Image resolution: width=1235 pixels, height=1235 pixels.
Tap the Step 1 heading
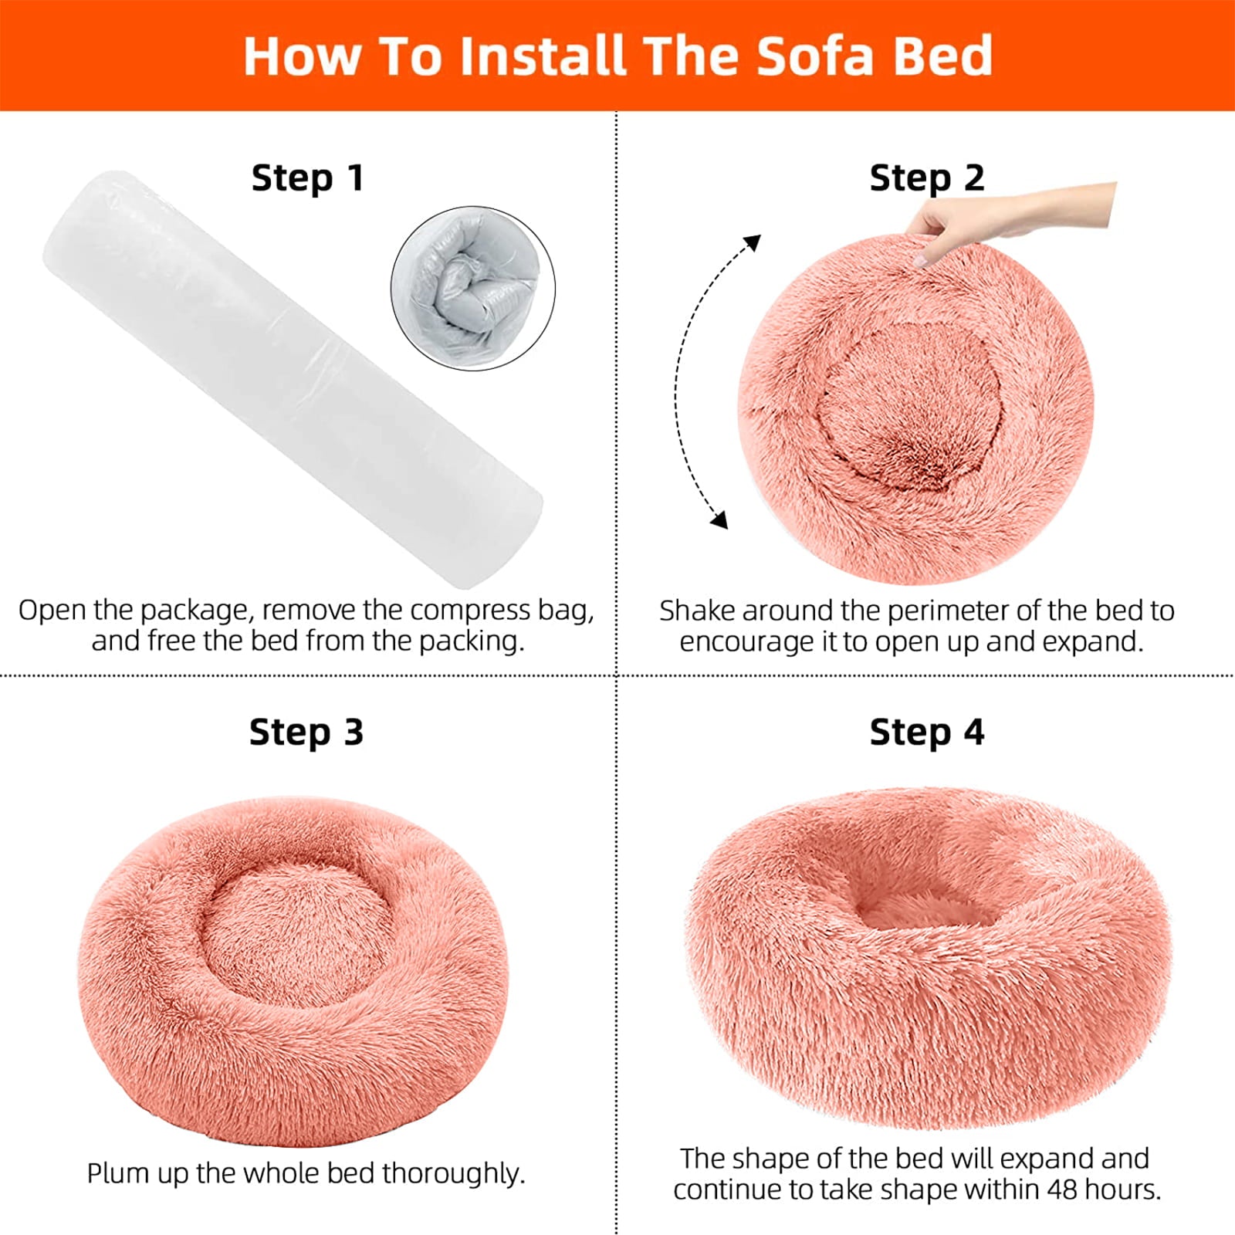click(x=306, y=178)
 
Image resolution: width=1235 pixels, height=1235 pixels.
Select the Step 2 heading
click(x=926, y=178)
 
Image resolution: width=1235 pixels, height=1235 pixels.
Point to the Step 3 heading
click(x=306, y=732)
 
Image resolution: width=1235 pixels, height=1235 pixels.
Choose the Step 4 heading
click(x=926, y=732)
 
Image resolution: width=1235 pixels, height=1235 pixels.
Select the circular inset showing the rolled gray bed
click(x=472, y=288)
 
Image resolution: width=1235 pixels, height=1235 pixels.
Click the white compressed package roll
click(x=293, y=378)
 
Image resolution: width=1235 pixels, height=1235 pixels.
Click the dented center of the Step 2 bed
click(x=911, y=409)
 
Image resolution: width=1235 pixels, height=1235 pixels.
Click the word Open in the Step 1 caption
click(x=52, y=611)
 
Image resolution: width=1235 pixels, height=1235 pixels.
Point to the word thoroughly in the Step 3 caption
click(x=453, y=1174)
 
